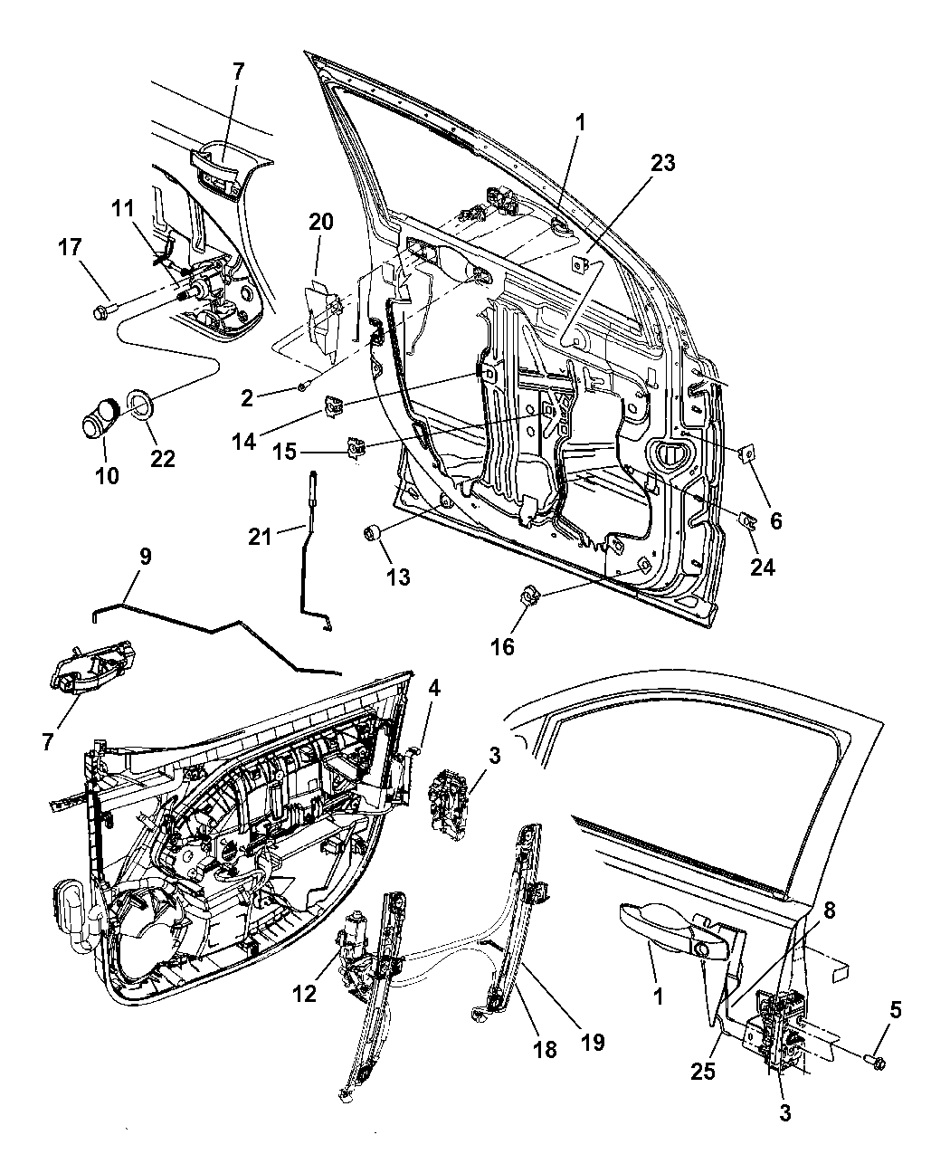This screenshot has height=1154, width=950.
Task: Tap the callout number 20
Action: click(321, 222)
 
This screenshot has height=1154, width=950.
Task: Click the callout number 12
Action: click(305, 994)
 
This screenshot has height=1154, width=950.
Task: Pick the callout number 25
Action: click(703, 1072)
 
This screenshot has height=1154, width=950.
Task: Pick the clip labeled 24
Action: click(748, 519)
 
